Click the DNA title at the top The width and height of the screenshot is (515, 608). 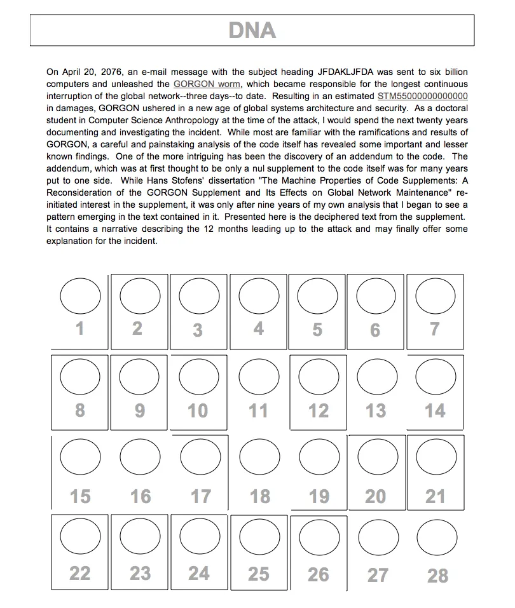coord(252,30)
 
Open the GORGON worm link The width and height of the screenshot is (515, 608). coord(207,84)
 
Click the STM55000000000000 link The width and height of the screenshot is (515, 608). coord(423,97)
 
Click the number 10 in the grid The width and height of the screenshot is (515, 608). coord(198,411)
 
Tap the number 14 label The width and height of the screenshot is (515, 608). coord(436,411)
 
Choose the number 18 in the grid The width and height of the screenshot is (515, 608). coord(259,496)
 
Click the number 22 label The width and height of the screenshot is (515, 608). coord(80,574)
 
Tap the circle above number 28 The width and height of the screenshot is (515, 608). coord(436,537)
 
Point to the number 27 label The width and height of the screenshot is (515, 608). coord(378,575)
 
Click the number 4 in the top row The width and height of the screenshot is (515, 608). coord(259,328)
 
